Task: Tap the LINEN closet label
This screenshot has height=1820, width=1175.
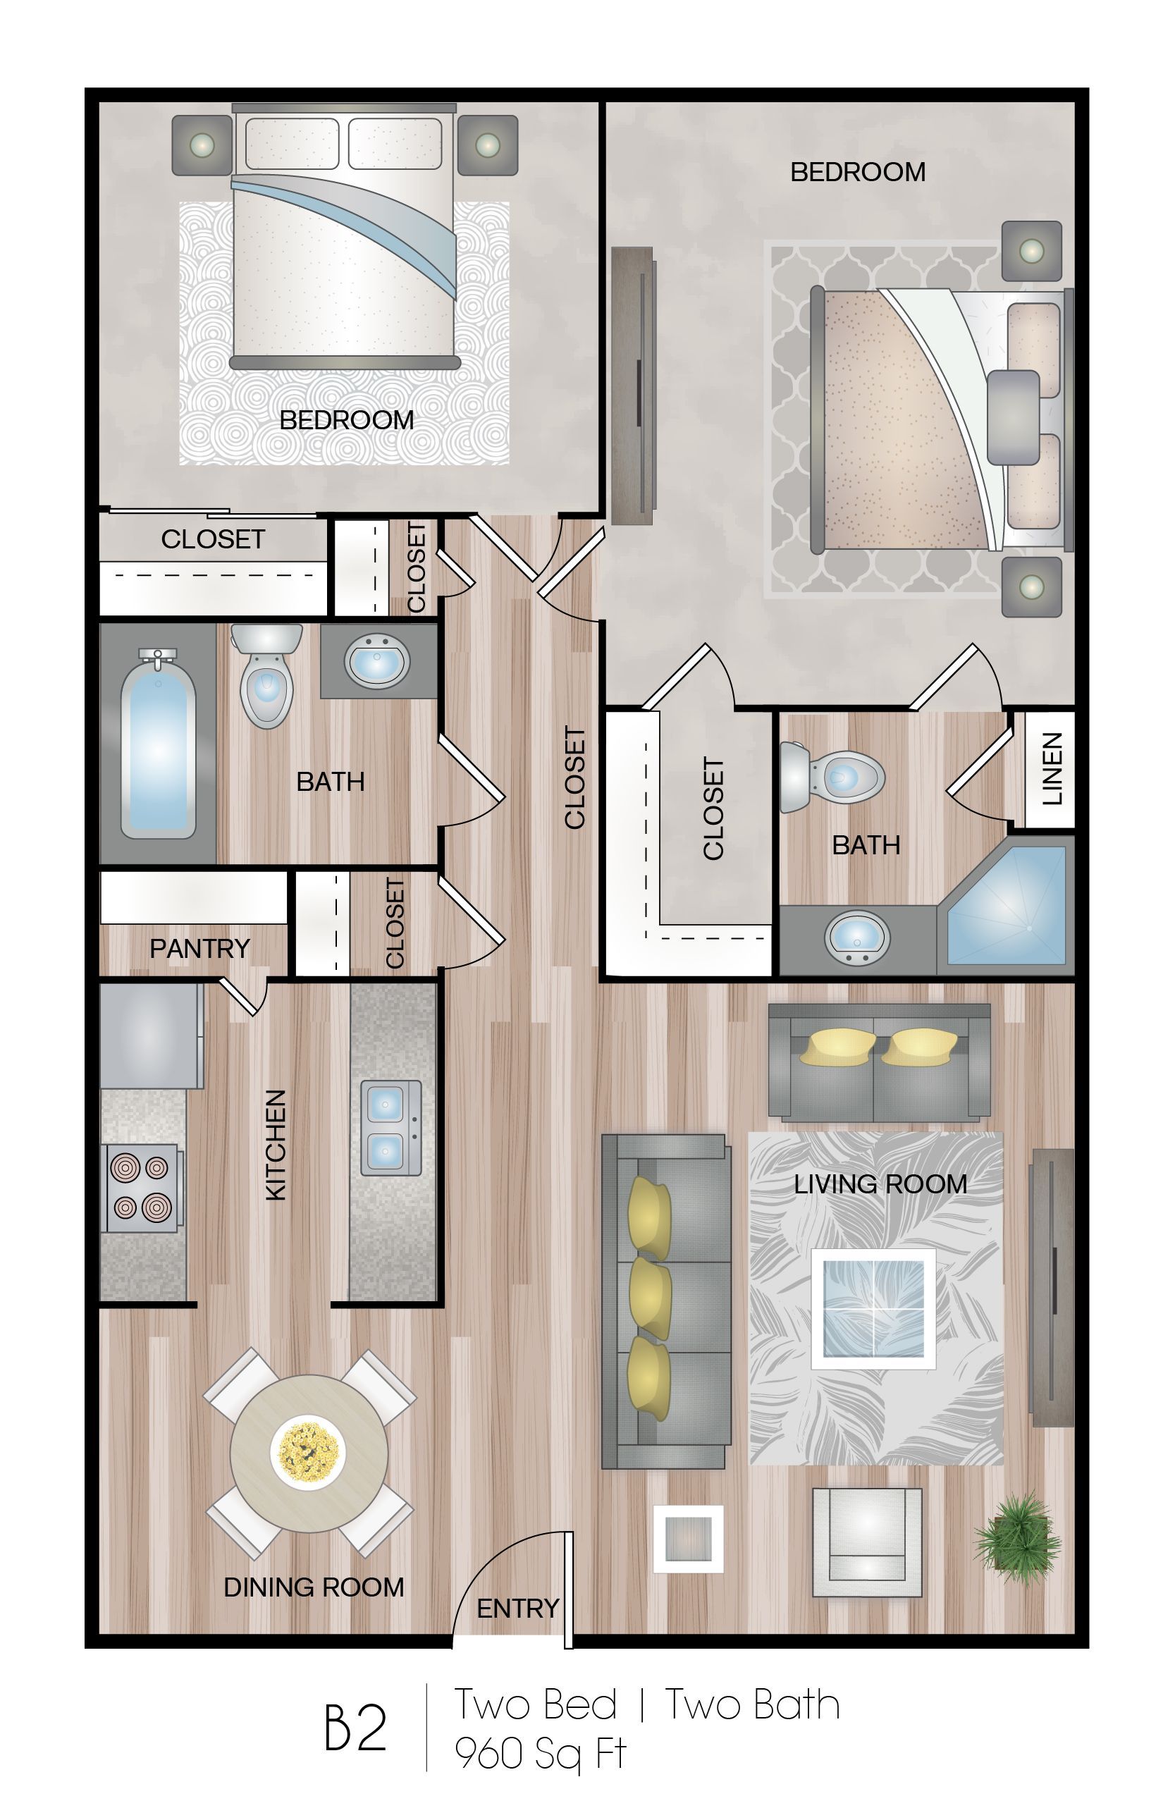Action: click(x=1052, y=768)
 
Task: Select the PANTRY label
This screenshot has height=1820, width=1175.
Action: click(x=200, y=948)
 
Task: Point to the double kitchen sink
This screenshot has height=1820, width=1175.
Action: click(x=390, y=1127)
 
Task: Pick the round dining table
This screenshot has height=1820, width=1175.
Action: click(x=309, y=1453)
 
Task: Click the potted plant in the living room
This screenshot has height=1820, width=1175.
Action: click(x=1017, y=1530)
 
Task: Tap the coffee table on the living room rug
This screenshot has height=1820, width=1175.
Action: click(x=873, y=1309)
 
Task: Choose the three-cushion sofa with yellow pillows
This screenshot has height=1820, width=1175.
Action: click(x=665, y=1301)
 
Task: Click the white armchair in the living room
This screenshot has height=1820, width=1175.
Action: click(x=867, y=1542)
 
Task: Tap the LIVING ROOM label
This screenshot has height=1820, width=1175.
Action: click(x=880, y=1183)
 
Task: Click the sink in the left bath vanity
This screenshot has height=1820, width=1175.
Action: click(x=377, y=660)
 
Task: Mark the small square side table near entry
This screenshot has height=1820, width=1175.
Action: click(x=688, y=1539)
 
